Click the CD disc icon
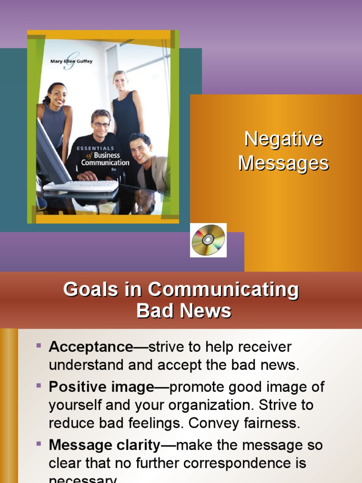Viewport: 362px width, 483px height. point(208,240)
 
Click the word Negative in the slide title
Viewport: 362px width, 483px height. point(283,139)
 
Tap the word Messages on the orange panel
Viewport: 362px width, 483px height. point(283,163)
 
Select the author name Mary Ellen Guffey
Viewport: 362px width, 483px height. point(72,61)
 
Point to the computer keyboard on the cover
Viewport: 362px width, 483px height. point(81,186)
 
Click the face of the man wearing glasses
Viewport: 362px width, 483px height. point(101,124)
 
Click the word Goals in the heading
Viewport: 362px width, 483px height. point(90,289)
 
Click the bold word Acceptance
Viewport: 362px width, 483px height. point(91,347)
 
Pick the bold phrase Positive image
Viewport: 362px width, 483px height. point(101,387)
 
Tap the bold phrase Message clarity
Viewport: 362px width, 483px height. point(104,445)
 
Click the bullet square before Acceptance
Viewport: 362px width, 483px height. point(39,346)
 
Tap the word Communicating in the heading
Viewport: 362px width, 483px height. point(221,289)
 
